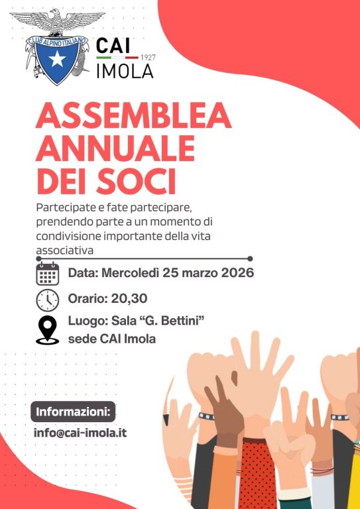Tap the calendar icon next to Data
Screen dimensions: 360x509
click(47, 274)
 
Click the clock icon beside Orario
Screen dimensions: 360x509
click(47, 300)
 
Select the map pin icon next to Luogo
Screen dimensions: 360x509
click(47, 330)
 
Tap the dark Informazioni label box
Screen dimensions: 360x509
click(73, 412)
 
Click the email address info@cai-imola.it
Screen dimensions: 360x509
click(80, 433)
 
